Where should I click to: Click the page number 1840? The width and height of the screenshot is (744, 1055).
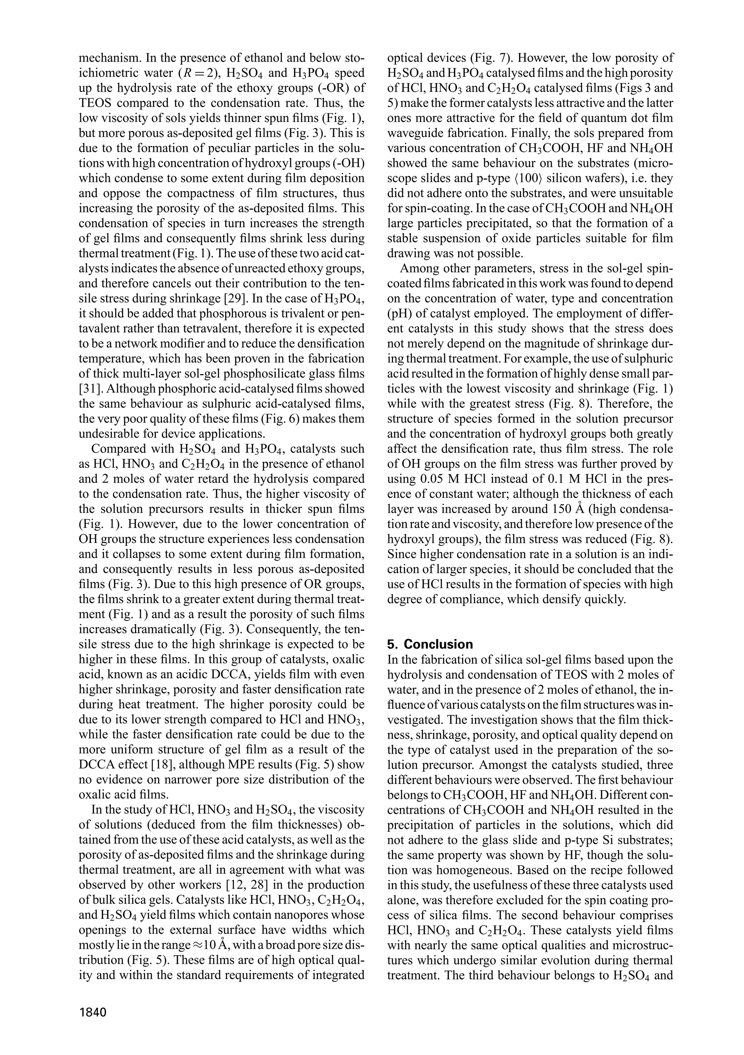coord(93,1012)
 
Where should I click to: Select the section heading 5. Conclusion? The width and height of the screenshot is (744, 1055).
coord(430,644)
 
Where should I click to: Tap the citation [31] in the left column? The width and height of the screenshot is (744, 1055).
coord(92,389)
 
